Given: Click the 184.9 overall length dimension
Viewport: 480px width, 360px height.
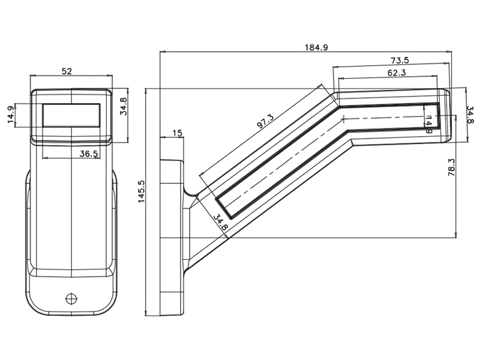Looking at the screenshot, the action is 316,47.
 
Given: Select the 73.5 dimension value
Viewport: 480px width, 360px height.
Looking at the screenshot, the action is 400,61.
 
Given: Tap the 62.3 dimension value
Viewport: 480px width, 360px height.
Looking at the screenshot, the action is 397,73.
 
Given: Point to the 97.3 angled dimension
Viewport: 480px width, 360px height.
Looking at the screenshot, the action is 265,121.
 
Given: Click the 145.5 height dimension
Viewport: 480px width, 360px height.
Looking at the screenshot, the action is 141,191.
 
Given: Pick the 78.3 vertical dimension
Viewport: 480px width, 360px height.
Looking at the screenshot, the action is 452,167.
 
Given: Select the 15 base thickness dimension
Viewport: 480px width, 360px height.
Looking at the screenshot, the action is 177,133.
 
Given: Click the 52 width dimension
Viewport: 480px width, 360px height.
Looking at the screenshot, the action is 67,71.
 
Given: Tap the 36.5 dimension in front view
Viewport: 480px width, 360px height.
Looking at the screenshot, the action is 88,154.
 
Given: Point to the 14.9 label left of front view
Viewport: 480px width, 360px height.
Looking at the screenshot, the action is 11,115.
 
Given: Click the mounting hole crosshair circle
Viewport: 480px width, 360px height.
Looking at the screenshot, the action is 71,298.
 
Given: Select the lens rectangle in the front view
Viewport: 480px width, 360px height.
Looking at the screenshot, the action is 71,115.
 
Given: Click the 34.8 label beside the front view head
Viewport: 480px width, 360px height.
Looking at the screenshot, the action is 124,106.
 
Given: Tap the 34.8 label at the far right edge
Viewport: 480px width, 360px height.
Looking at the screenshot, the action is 470,115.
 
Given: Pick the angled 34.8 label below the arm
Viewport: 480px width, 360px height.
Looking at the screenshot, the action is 220,223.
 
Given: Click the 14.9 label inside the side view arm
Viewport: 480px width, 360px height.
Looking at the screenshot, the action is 429,124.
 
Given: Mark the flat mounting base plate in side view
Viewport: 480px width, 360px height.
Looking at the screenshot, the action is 172,238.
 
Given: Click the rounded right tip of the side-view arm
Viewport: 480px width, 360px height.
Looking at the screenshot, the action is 449,115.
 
